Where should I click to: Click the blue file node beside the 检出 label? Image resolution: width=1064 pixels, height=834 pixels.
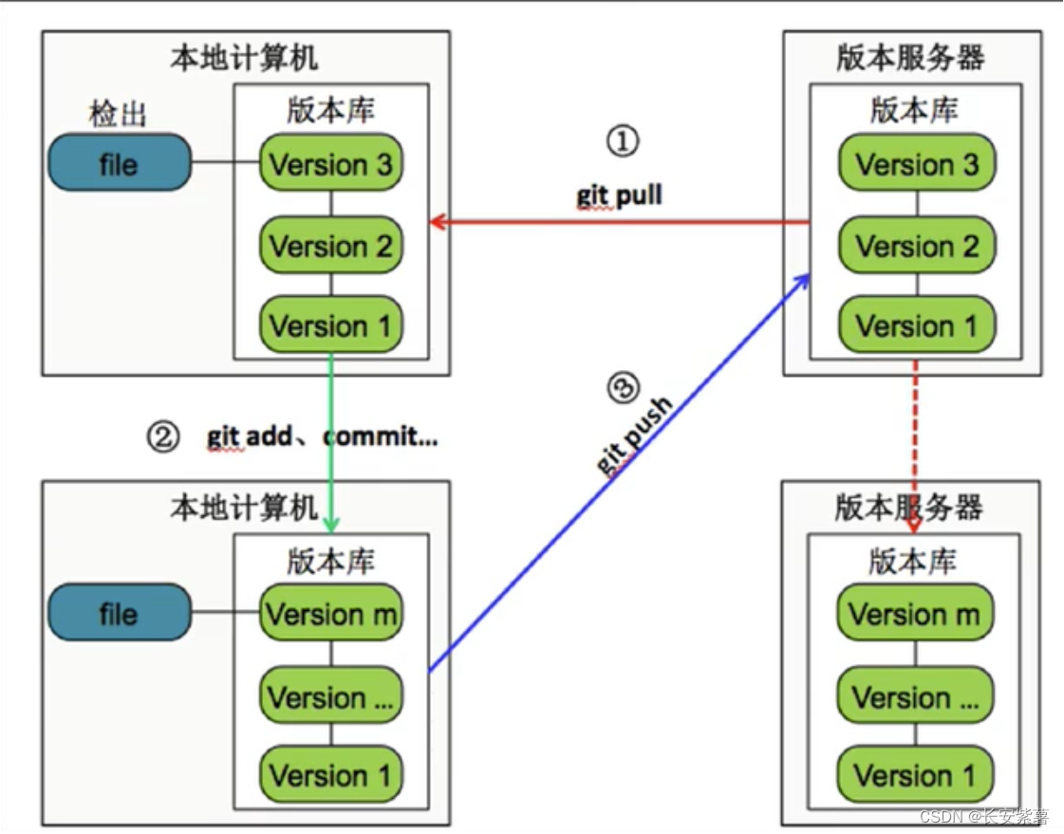[x=119, y=163]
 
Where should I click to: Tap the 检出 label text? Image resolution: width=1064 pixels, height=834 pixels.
[x=119, y=116]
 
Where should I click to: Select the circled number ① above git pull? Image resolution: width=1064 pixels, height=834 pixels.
[x=623, y=142]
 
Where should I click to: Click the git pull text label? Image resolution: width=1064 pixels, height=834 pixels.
[x=619, y=196]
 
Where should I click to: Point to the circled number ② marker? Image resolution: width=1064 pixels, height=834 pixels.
[x=162, y=437]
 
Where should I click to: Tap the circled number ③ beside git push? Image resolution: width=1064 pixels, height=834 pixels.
[x=623, y=387]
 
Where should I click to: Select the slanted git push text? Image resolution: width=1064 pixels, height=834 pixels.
[x=634, y=436]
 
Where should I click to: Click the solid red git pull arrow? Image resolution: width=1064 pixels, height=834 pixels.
[x=617, y=223]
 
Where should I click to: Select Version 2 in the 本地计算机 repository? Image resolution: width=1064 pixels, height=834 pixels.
[x=330, y=246]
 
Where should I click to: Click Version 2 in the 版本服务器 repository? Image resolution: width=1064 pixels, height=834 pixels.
[x=917, y=246]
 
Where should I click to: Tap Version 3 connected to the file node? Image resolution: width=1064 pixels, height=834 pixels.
[x=330, y=164]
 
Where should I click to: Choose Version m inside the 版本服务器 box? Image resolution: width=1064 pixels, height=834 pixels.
[x=915, y=614]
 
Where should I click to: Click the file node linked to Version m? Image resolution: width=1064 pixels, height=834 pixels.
[x=119, y=613]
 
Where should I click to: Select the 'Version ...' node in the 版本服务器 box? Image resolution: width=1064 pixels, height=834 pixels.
[x=915, y=697]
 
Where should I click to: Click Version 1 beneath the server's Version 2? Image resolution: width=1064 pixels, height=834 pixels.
[x=917, y=325]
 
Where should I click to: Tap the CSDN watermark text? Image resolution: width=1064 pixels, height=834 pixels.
[x=982, y=816]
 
